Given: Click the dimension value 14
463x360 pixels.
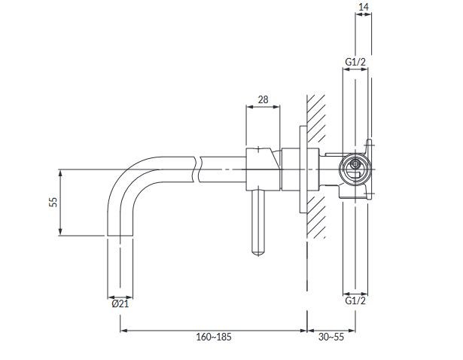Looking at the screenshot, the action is [364, 7].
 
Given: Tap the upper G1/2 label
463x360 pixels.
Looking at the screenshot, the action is [355, 62].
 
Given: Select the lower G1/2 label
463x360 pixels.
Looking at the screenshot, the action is [355, 301].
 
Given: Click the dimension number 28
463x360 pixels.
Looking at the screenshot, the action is [263, 99].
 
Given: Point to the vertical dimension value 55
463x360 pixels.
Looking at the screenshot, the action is [53, 202].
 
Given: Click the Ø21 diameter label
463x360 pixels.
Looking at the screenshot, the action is [120, 304].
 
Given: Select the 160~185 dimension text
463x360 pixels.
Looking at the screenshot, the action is [214, 337].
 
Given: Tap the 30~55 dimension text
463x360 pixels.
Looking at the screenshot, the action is [331, 337].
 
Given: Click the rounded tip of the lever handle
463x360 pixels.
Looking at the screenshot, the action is [258, 252].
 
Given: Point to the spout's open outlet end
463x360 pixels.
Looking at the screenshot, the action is [120, 236].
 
